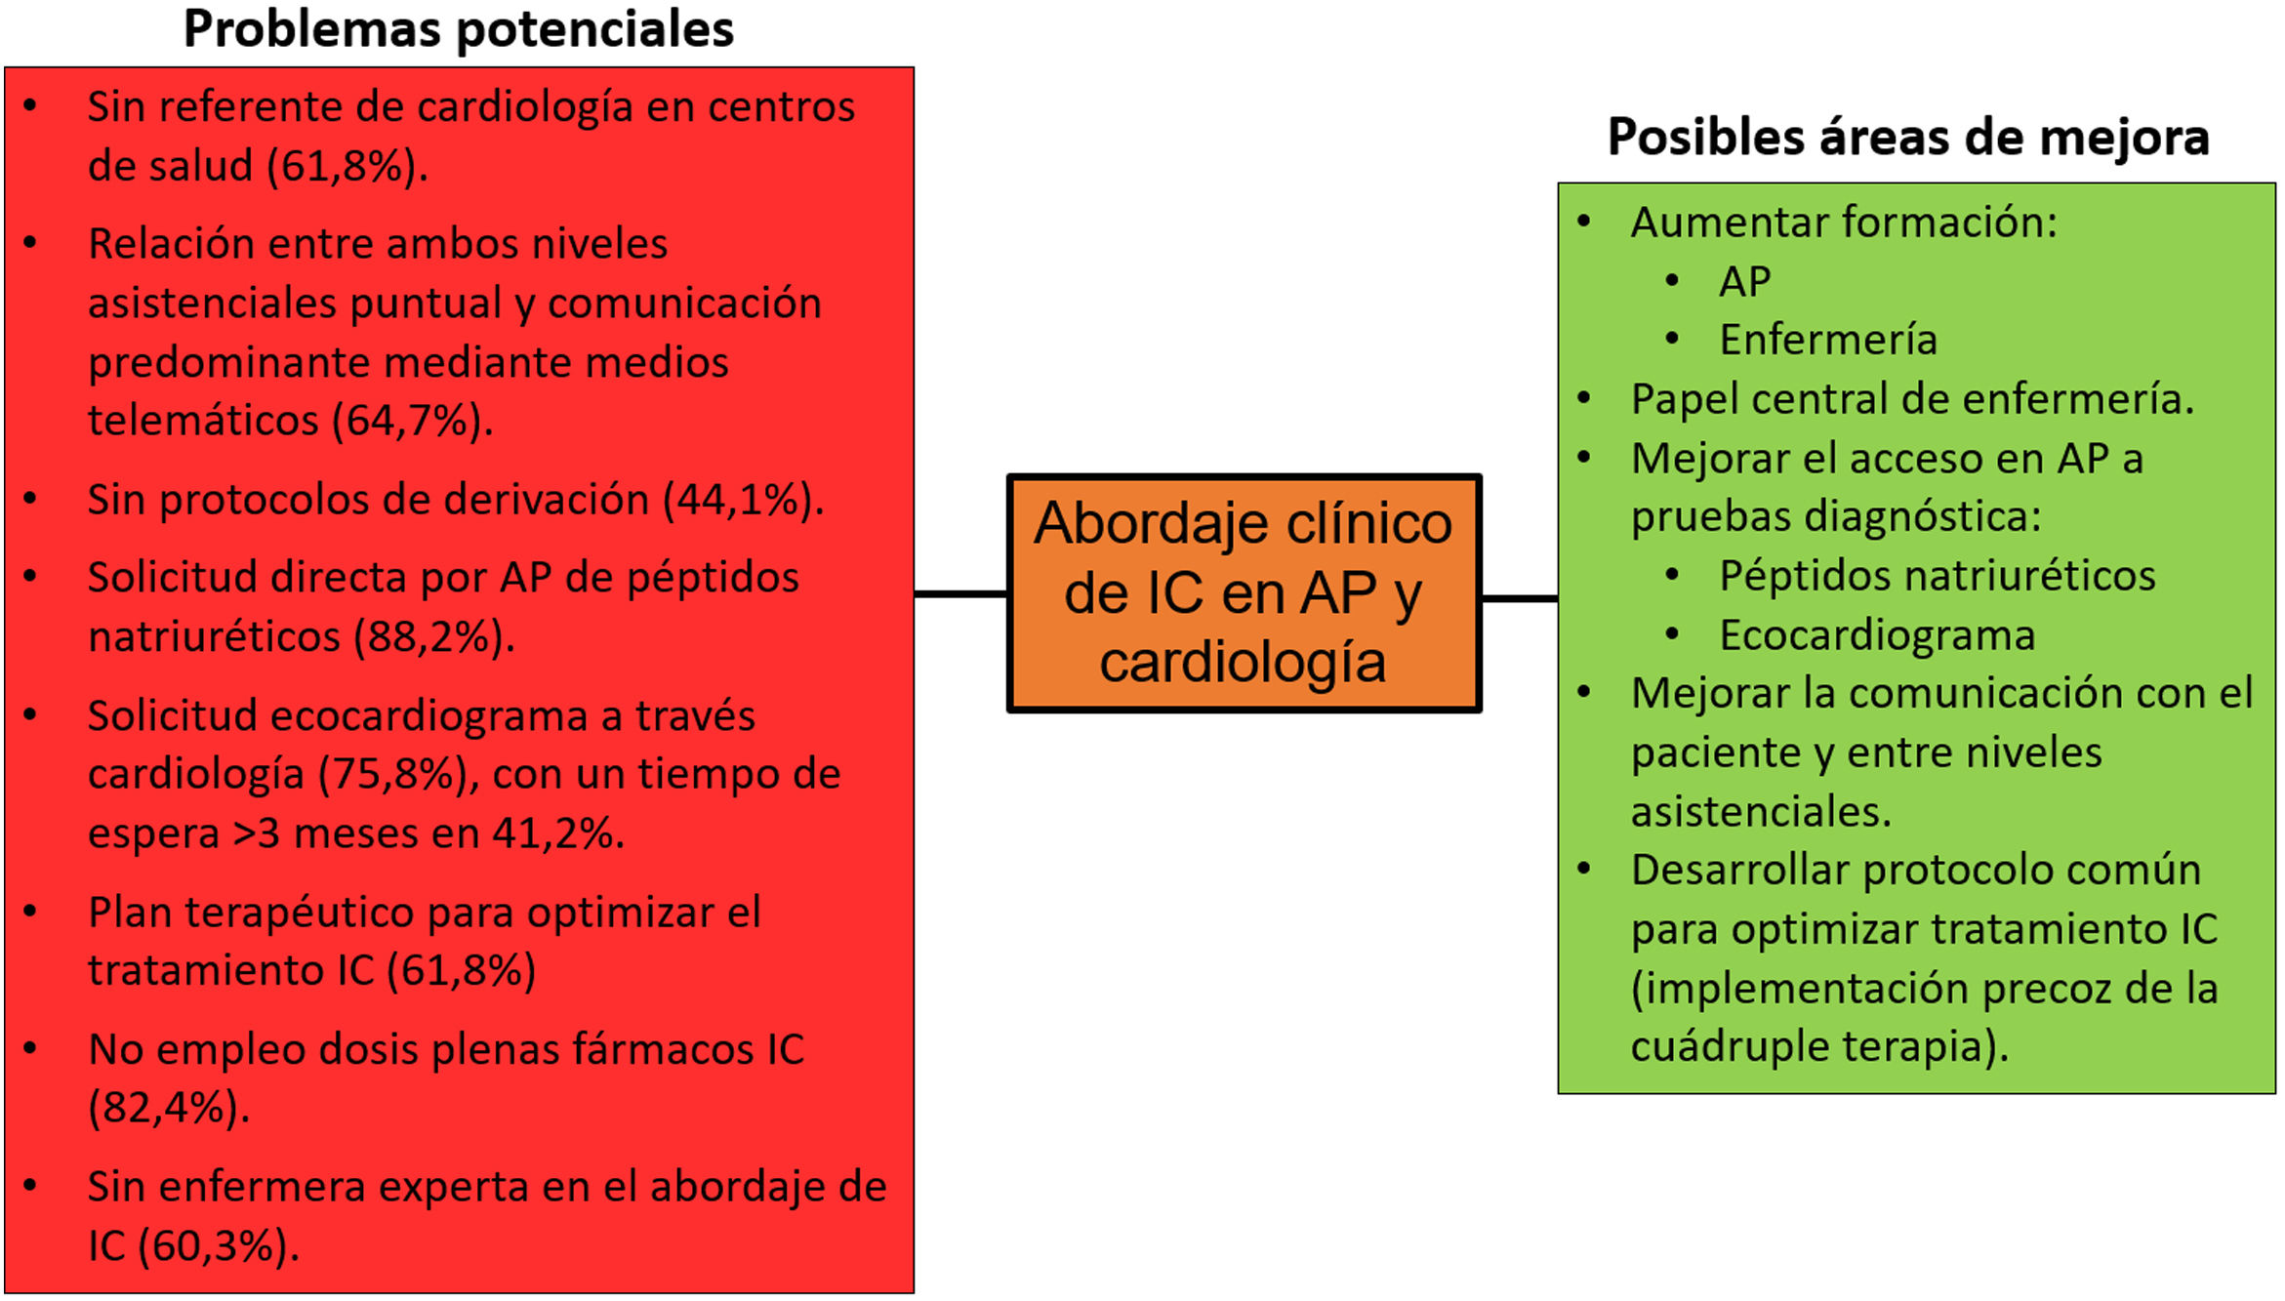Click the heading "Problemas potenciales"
coord(458,29)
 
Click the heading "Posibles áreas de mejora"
coord(1908,137)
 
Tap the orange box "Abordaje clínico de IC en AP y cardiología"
coord(1244,592)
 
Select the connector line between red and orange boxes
coord(960,592)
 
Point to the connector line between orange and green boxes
coord(1520,598)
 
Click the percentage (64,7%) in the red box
coord(410,421)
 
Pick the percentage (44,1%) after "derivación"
coord(741,500)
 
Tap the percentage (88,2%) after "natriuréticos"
coord(430,637)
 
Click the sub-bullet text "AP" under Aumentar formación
coord(1744,282)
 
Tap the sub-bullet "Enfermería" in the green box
coord(1827,341)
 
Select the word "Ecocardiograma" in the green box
coord(1877,635)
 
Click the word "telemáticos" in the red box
coord(203,421)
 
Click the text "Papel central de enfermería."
coord(1911,399)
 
